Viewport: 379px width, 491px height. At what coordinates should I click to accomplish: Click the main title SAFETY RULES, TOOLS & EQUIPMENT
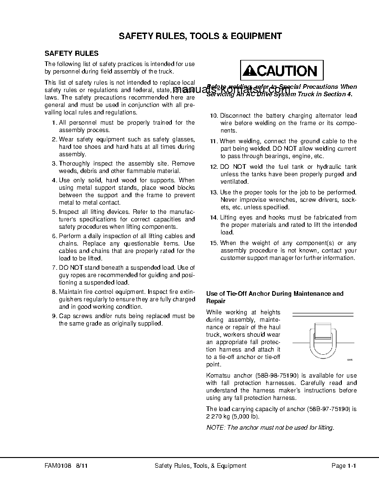tap(200, 36)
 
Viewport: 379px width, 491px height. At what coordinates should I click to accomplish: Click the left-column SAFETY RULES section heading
tap(71, 53)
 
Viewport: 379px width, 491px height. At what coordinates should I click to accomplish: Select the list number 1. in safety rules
tap(54, 123)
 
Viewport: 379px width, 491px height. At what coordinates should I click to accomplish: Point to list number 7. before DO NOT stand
tap(54, 268)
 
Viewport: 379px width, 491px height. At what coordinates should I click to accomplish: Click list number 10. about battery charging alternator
tap(214, 116)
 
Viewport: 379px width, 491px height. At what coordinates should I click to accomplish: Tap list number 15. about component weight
tap(214, 243)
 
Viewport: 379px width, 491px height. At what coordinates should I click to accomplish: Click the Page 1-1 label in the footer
tap(343, 465)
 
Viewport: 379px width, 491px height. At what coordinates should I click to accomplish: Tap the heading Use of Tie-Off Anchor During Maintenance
tap(274, 294)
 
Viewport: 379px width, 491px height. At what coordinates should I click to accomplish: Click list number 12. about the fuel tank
tap(214, 167)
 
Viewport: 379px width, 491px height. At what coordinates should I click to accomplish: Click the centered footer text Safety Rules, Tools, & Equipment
tap(200, 465)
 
